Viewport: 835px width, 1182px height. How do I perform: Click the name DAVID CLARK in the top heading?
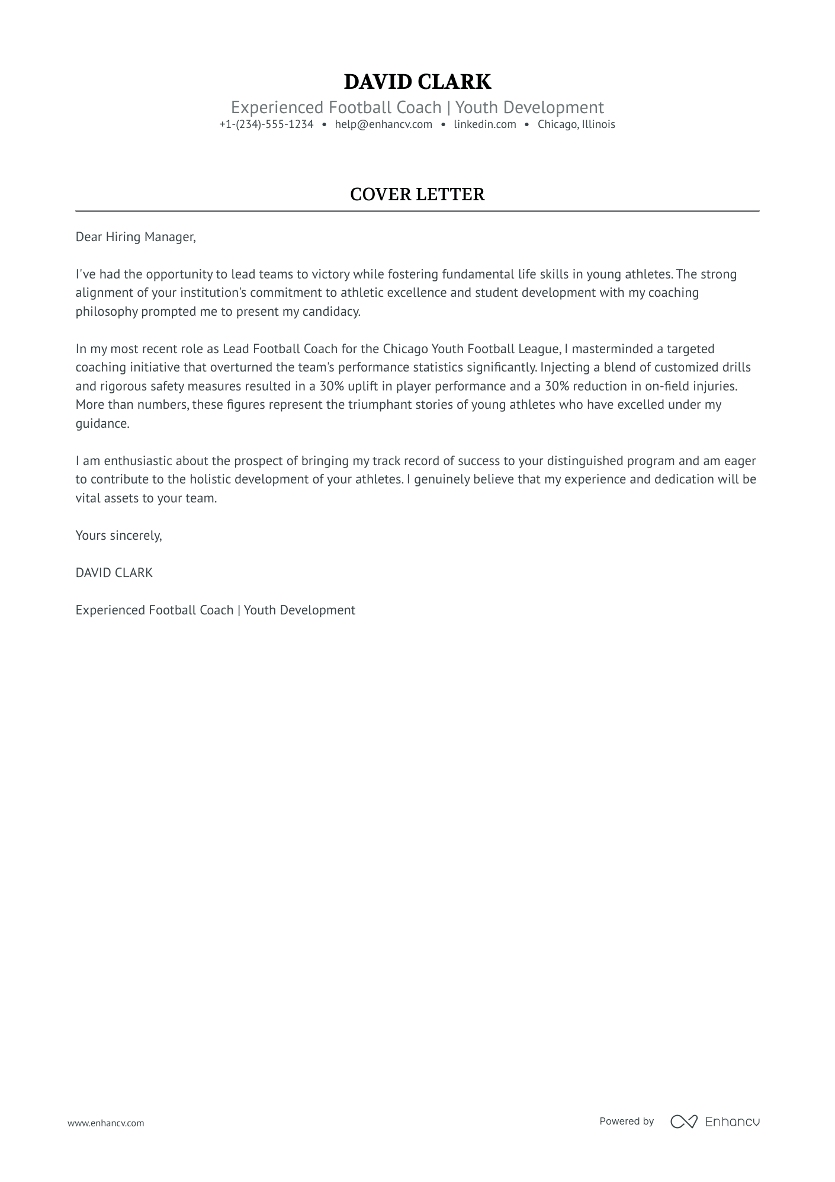click(417, 82)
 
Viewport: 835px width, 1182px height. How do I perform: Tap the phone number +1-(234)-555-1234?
click(266, 124)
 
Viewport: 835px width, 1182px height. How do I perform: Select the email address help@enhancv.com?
click(383, 124)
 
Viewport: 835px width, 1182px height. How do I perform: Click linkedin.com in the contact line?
click(484, 124)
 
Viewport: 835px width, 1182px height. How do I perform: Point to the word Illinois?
click(598, 124)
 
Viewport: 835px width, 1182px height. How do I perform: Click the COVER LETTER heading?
click(417, 194)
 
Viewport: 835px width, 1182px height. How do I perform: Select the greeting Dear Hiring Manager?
click(135, 237)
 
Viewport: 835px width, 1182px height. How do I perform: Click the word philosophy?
click(107, 312)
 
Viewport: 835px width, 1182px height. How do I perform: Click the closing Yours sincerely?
click(118, 536)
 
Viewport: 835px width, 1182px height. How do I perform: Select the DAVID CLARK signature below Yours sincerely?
click(114, 573)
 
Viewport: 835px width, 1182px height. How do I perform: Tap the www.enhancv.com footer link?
click(105, 1123)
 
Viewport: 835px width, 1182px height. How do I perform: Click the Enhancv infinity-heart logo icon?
click(683, 1122)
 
